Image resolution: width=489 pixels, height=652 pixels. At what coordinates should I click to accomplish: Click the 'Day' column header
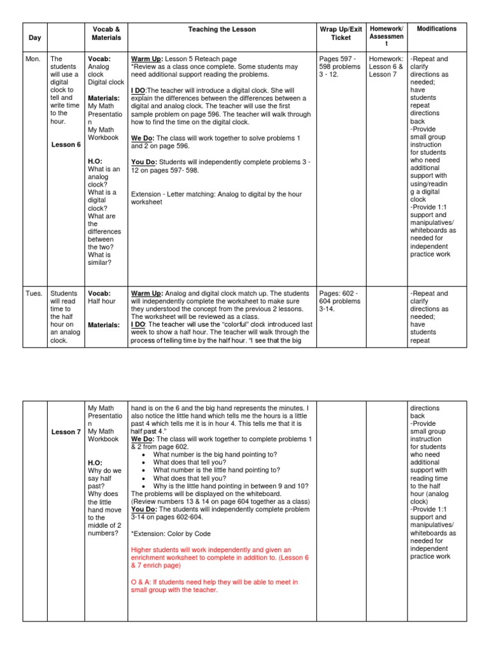[x=35, y=38]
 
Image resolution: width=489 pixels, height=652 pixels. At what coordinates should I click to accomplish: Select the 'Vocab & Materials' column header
[x=106, y=33]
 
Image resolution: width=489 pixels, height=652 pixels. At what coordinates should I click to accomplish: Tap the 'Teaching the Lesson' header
[x=222, y=29]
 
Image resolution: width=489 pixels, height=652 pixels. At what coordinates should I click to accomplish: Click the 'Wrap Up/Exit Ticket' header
[x=341, y=33]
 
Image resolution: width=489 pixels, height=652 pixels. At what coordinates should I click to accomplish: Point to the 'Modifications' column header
[x=436, y=29]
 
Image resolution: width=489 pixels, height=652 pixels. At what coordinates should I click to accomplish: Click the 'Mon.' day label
[x=34, y=59]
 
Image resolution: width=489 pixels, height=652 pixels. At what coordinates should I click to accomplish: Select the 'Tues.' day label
[x=35, y=294]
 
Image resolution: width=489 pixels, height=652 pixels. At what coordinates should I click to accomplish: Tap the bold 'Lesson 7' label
[x=66, y=432]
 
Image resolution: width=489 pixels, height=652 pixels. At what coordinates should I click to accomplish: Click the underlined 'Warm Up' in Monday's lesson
[x=146, y=59]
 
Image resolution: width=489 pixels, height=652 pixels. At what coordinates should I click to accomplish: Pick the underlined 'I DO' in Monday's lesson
[x=138, y=90]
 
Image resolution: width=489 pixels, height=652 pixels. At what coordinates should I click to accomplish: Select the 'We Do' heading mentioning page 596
[x=143, y=138]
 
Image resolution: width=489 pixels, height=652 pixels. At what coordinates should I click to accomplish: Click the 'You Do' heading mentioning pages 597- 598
[x=145, y=162]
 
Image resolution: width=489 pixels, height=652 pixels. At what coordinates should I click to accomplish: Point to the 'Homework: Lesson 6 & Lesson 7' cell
[x=385, y=66]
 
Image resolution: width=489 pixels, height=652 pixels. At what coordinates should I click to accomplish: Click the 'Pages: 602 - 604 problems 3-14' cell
[x=339, y=301]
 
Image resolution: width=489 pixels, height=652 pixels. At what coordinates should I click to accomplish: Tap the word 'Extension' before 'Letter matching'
[x=146, y=194]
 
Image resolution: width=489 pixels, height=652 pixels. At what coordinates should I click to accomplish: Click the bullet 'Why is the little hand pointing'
[x=230, y=485]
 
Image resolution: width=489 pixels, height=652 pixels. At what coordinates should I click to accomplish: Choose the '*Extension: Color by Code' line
[x=171, y=534]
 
